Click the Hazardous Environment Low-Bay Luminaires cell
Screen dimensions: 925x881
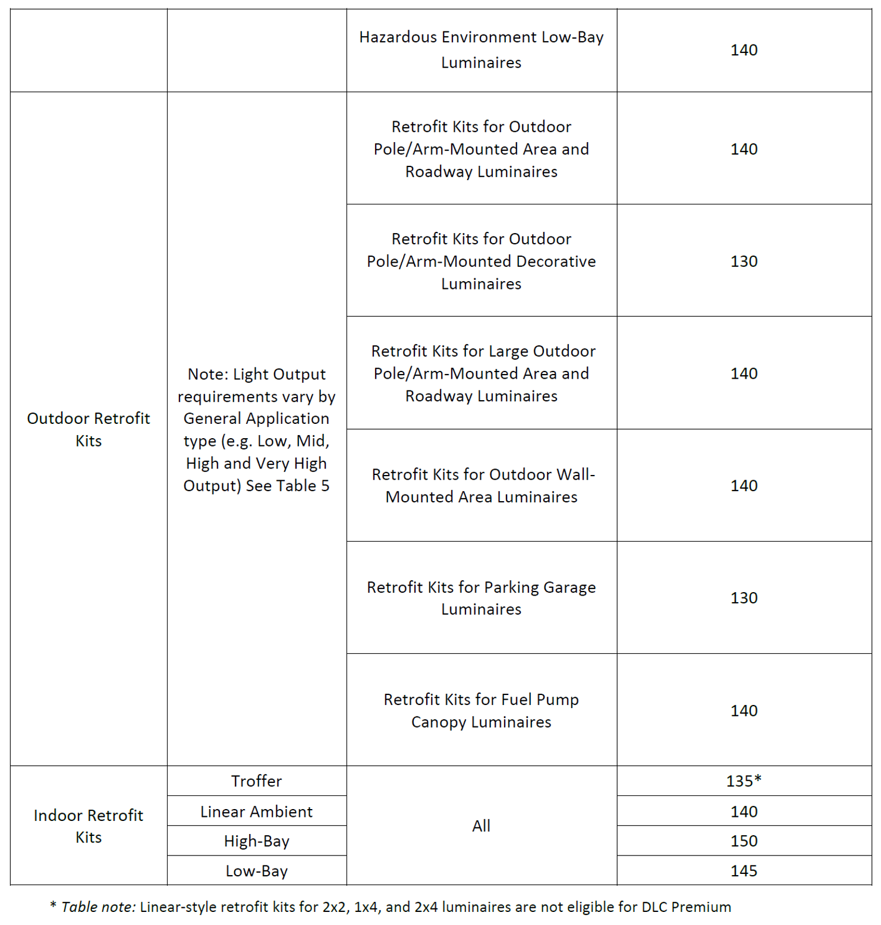pos(481,50)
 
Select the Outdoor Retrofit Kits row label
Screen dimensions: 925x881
pos(89,429)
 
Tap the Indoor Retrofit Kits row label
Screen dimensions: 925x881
pos(89,826)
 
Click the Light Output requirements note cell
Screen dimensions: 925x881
pos(256,429)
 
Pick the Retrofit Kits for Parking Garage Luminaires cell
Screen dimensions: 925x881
pos(481,597)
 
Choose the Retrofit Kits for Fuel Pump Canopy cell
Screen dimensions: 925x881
pos(481,710)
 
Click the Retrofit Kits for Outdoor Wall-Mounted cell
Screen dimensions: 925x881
pos(481,485)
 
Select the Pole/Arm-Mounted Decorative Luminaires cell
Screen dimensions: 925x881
pos(481,261)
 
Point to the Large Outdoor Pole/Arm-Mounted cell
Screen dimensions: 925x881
pos(481,373)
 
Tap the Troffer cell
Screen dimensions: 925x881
pos(256,781)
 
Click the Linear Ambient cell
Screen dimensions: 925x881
pos(256,811)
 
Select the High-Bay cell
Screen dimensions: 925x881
pos(256,841)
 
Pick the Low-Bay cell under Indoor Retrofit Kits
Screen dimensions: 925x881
pos(256,870)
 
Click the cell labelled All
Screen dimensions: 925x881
pos(481,825)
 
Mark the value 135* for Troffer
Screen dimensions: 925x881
pos(744,781)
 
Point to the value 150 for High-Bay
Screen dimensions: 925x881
pos(744,841)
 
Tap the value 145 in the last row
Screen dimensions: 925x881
pos(744,870)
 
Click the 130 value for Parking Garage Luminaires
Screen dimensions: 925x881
pos(744,597)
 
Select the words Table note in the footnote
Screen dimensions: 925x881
pos(98,907)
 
